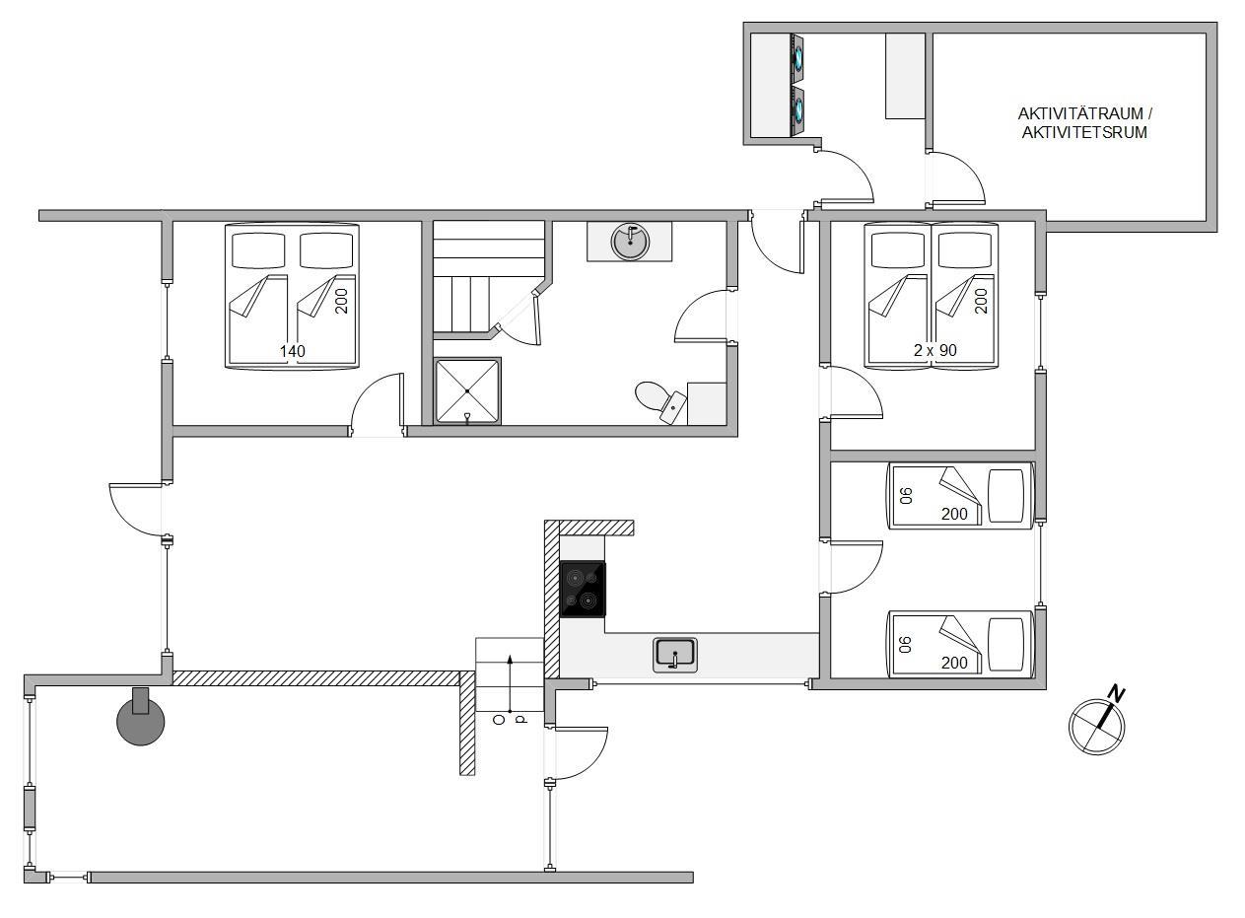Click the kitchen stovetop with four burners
coord(583,590)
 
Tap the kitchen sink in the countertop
coord(675,655)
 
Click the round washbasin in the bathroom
coord(630,242)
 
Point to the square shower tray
coord(467,391)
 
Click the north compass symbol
coord(1096,725)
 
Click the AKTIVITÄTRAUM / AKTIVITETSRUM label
coord(1085,123)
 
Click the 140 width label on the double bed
coord(293,351)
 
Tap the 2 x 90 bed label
coord(935,350)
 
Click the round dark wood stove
coord(141,721)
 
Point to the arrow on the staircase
coord(510,683)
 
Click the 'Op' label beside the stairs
coord(511,720)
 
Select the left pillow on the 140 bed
coord(258,250)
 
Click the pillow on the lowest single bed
coord(1007,645)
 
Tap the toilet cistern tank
coord(673,407)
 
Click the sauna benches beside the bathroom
coord(488,277)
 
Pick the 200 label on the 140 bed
coord(342,301)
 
